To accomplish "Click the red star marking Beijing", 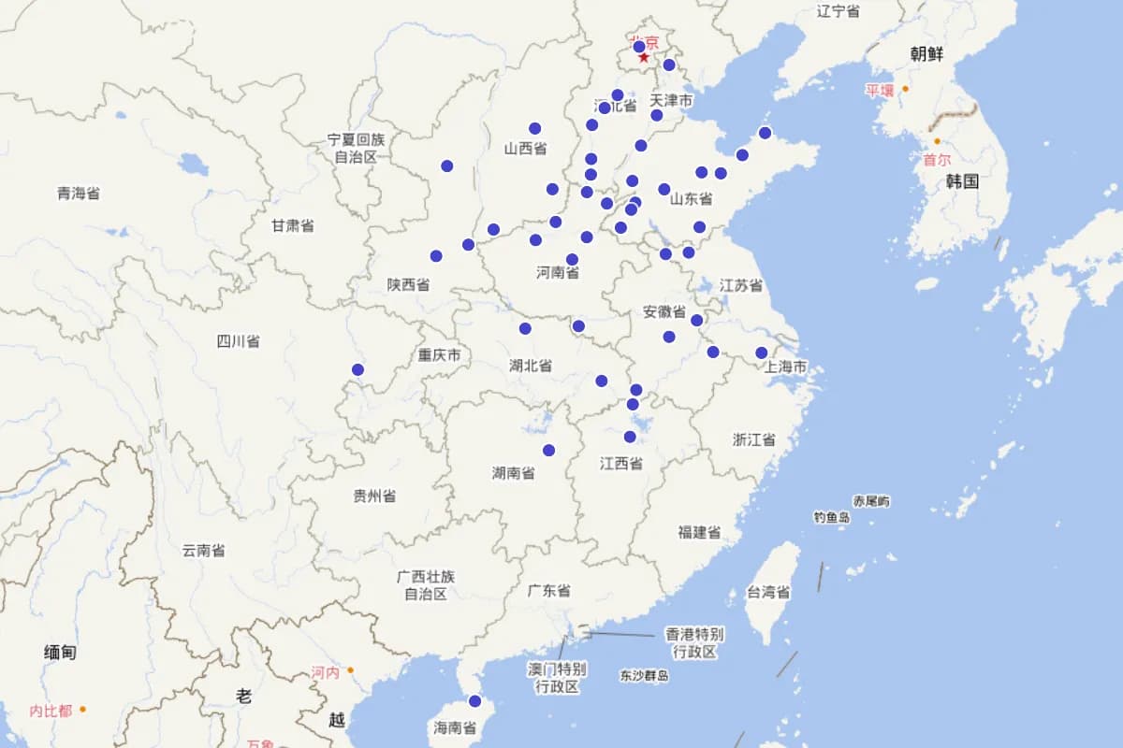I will pyautogui.click(x=644, y=58).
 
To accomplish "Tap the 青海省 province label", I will pyautogui.click(x=78, y=194).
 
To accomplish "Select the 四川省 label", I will pyautogui.click(x=238, y=341).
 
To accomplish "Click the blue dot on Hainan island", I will pyautogui.click(x=474, y=701).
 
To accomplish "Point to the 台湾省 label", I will pyautogui.click(x=768, y=592).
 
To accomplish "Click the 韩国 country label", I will pyautogui.click(x=962, y=181).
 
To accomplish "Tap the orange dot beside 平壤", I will pyautogui.click(x=905, y=90).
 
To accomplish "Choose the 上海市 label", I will pyautogui.click(x=785, y=367).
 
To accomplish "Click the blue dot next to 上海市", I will pyautogui.click(x=762, y=352).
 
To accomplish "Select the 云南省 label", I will pyautogui.click(x=203, y=551).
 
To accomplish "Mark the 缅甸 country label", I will pyautogui.click(x=60, y=653).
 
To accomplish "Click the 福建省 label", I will pyautogui.click(x=699, y=532).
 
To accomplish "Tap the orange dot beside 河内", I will pyautogui.click(x=350, y=670).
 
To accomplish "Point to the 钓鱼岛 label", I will pyautogui.click(x=831, y=517).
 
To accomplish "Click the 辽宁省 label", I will pyautogui.click(x=838, y=11).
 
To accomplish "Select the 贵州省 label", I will pyautogui.click(x=374, y=496).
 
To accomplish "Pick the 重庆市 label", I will pyautogui.click(x=439, y=355).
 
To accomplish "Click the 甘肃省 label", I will pyautogui.click(x=292, y=225).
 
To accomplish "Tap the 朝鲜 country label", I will pyautogui.click(x=926, y=54).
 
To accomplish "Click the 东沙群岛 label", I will pyautogui.click(x=644, y=675).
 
